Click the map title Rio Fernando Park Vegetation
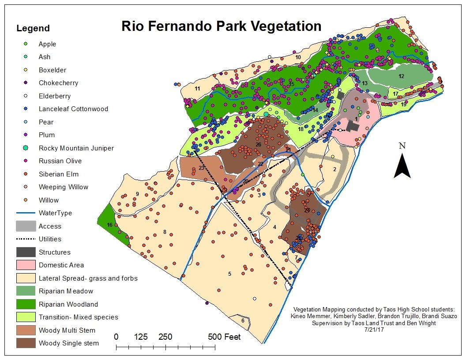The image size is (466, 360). pos(222,26)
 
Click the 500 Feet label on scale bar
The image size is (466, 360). pos(225,337)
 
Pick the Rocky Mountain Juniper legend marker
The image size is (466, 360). pos(26,148)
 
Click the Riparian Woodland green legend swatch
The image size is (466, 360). pos(26,304)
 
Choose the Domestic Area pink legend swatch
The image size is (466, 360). pos(26,265)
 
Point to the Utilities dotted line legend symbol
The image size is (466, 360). pos(26,239)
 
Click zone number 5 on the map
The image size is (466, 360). pos(229,274)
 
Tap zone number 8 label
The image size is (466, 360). pos(165,232)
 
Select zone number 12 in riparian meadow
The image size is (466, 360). pos(402,76)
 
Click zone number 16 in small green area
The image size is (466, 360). pos(109,225)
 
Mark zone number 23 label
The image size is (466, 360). pos(201,168)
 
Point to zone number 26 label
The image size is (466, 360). pos(258,145)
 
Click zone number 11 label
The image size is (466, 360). pos(197,89)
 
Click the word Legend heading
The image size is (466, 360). pos(33,29)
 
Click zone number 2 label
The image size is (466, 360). pos(334,169)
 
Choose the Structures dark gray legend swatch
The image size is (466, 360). pos(26,252)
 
